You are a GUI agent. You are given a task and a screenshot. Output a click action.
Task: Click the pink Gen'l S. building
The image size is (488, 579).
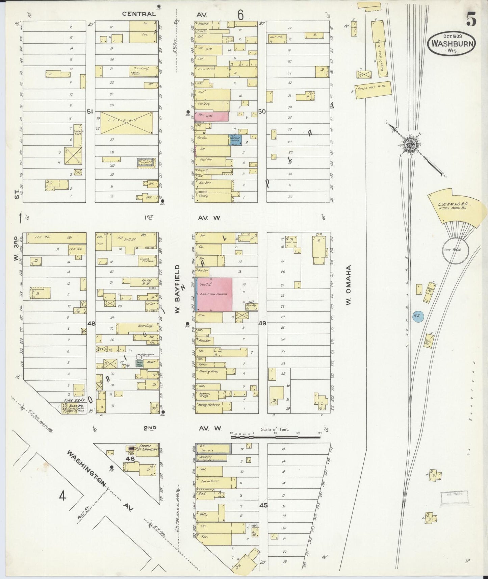coord(214,295)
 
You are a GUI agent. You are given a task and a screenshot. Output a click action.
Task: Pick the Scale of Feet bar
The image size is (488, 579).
coord(276,437)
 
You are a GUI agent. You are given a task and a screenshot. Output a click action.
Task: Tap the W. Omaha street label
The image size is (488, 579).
coord(349,284)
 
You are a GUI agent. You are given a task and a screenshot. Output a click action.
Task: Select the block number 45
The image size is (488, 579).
coord(263,506)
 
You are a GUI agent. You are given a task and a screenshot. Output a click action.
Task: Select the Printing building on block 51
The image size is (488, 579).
coord(142,69)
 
